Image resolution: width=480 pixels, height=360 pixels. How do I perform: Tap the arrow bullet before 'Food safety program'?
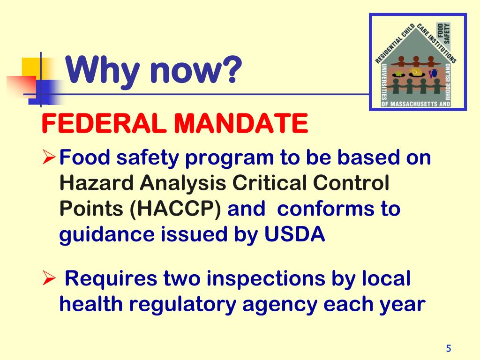[49, 158]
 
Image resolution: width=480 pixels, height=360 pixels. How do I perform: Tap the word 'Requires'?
[111, 280]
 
